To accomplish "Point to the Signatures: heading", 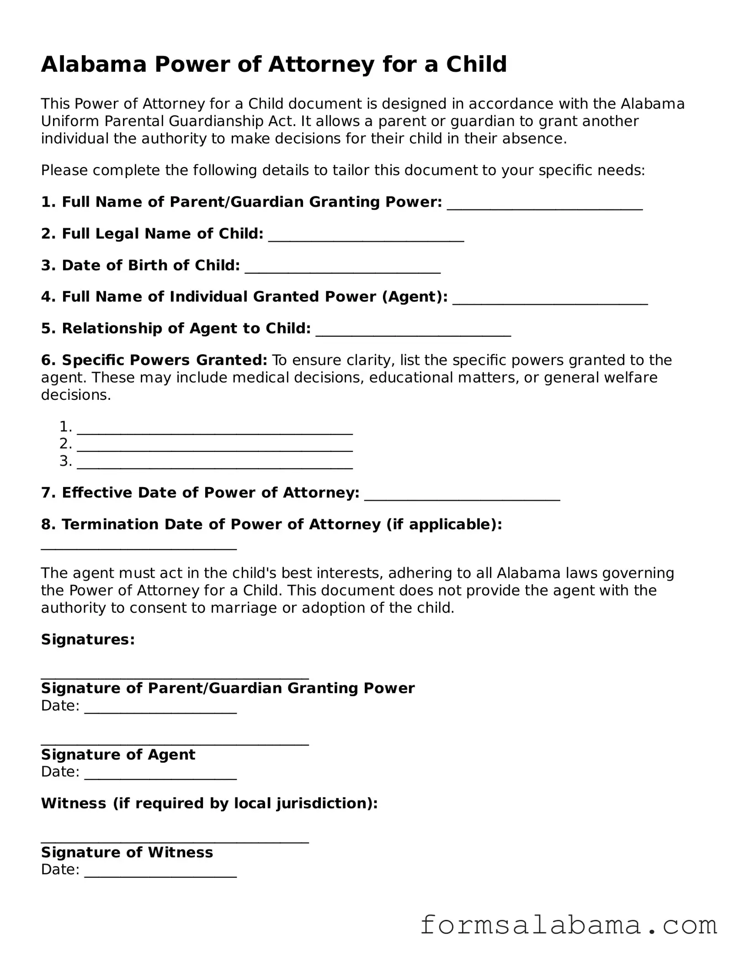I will tap(88, 639).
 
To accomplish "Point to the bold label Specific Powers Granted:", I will tap(154, 360).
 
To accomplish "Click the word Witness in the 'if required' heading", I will tap(74, 803).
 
